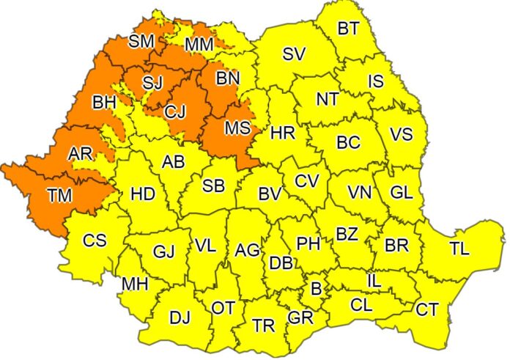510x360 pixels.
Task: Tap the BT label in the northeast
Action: click(x=348, y=29)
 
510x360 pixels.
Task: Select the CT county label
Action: click(x=427, y=310)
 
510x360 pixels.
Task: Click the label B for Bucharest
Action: click(x=316, y=289)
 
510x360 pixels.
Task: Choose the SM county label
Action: click(x=141, y=42)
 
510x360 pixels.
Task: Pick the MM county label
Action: click(x=199, y=45)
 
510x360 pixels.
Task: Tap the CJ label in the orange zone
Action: click(x=175, y=112)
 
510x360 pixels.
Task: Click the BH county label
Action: click(x=104, y=103)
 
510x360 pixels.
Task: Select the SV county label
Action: click(x=293, y=54)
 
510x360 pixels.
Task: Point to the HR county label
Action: click(x=282, y=134)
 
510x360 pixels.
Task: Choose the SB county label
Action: click(x=213, y=186)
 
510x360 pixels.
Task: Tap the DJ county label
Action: click(x=180, y=318)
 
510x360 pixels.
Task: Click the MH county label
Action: click(x=133, y=283)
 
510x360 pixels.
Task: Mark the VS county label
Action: click(x=400, y=135)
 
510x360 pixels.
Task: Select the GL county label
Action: click(x=401, y=193)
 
